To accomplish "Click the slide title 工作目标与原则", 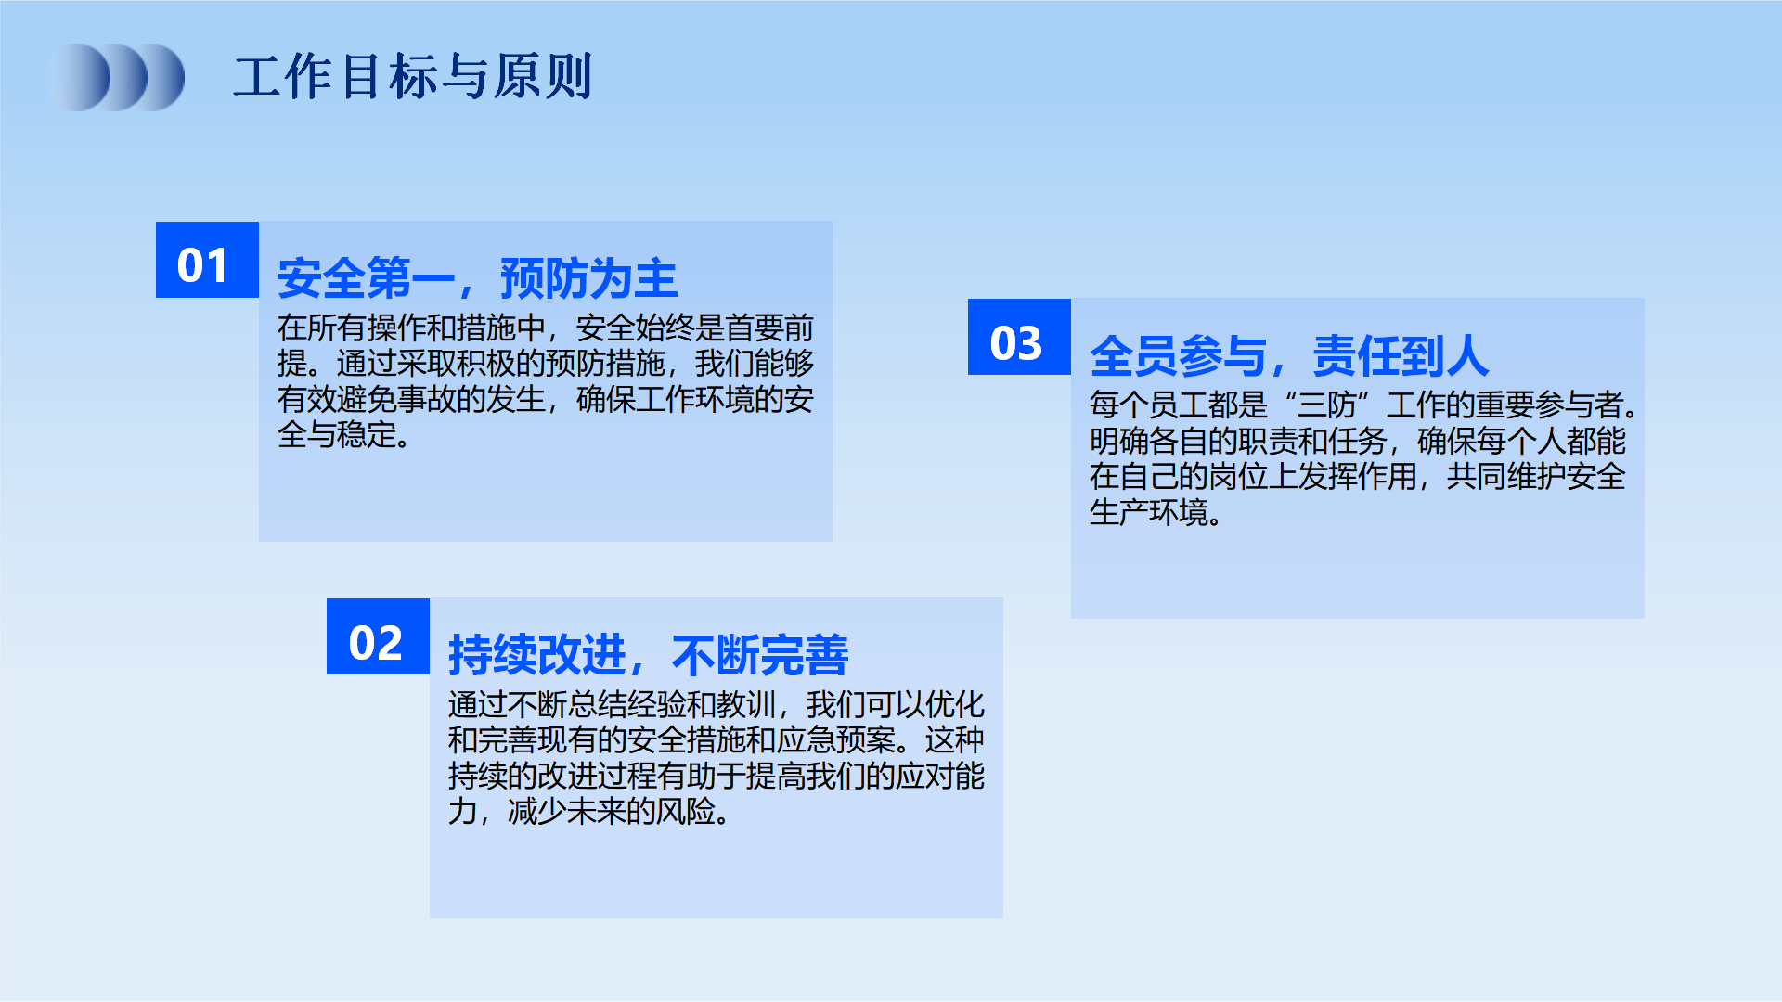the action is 413,77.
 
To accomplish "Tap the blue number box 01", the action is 207,260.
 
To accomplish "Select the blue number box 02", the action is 378,636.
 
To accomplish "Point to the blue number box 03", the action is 1019,337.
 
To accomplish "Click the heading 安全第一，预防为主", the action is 478,278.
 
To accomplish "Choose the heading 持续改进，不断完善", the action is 649,655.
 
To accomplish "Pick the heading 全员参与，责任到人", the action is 1290,355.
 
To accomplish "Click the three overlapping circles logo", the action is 115,77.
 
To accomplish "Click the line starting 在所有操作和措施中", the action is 546,328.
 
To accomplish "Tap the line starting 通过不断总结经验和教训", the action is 717,704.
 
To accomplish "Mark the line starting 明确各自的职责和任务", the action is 1358,440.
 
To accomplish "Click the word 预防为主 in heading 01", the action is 589,278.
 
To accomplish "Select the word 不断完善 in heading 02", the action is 760,655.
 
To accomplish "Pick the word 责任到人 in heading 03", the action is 1401,355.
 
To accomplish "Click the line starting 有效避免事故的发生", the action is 546,399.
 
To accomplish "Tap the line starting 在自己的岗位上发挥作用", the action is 1358,476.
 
